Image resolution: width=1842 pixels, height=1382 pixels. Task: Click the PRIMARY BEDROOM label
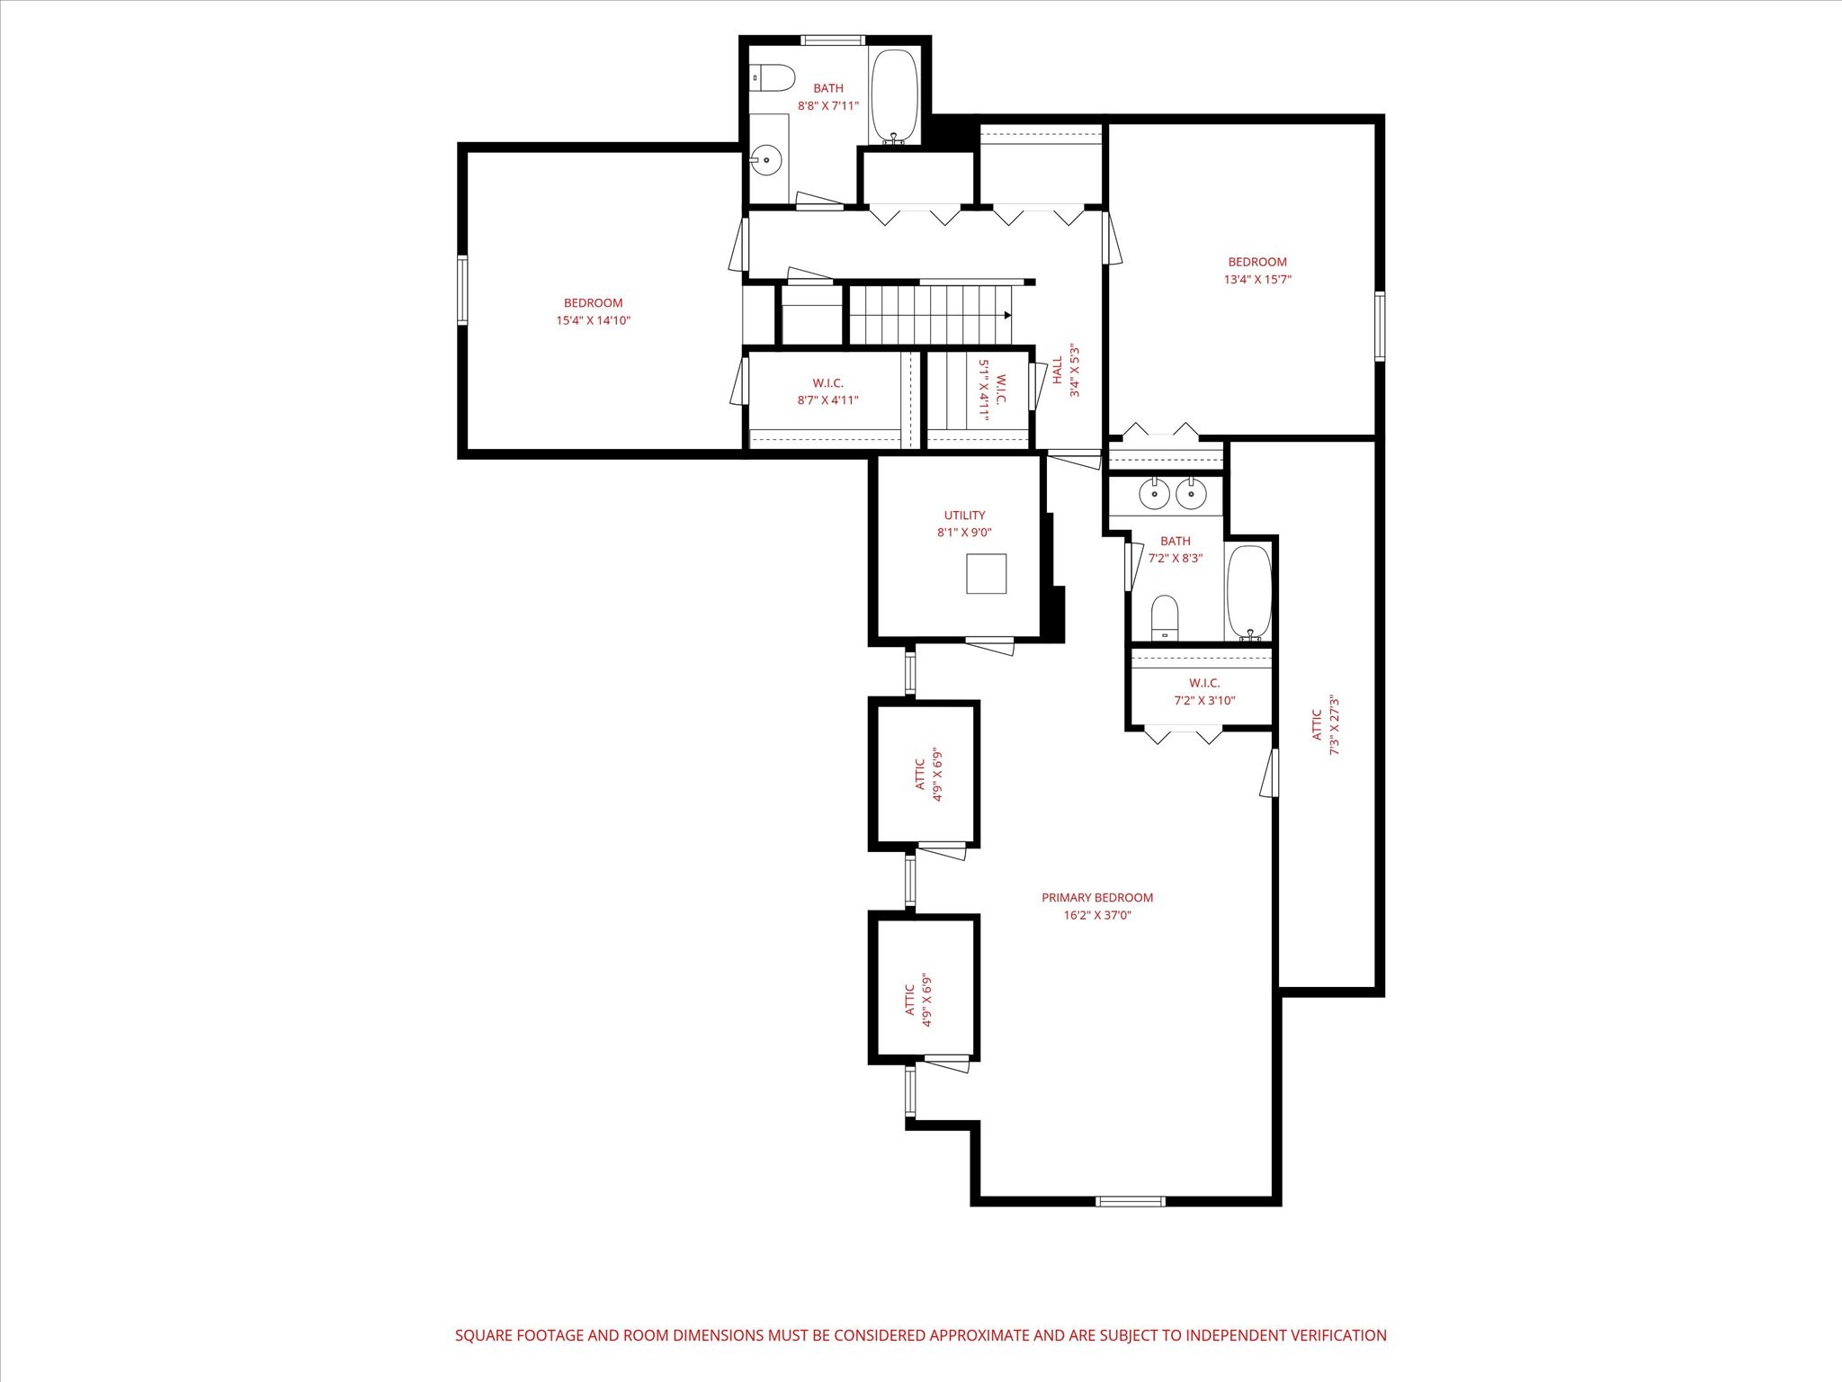pos(1096,897)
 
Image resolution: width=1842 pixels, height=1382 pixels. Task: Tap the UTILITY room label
pos(964,516)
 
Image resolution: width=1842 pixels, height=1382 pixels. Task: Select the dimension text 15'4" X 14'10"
pos(593,320)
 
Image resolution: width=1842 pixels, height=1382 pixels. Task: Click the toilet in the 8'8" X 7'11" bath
pos(772,77)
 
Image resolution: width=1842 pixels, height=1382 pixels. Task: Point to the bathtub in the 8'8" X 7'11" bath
pos(894,96)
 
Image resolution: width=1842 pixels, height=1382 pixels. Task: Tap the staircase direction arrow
pos(1007,315)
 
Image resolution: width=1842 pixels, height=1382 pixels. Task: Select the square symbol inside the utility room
pos(987,573)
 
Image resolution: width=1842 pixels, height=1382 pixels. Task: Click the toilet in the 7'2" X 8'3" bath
pos(1165,616)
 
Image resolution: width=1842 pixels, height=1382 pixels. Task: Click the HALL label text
pos(1058,370)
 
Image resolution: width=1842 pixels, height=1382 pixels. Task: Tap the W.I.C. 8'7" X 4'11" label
pos(827,391)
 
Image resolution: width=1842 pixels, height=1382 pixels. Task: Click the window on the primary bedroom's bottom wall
pos(1131,1201)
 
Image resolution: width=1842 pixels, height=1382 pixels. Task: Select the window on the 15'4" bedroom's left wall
pos(463,290)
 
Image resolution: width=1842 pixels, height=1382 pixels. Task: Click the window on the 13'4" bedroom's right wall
pos(1380,326)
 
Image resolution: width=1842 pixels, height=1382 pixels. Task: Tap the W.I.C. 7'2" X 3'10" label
pos(1204,691)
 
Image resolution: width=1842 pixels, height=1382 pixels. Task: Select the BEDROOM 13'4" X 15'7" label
pos(1257,270)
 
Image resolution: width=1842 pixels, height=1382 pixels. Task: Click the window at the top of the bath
pos(833,40)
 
